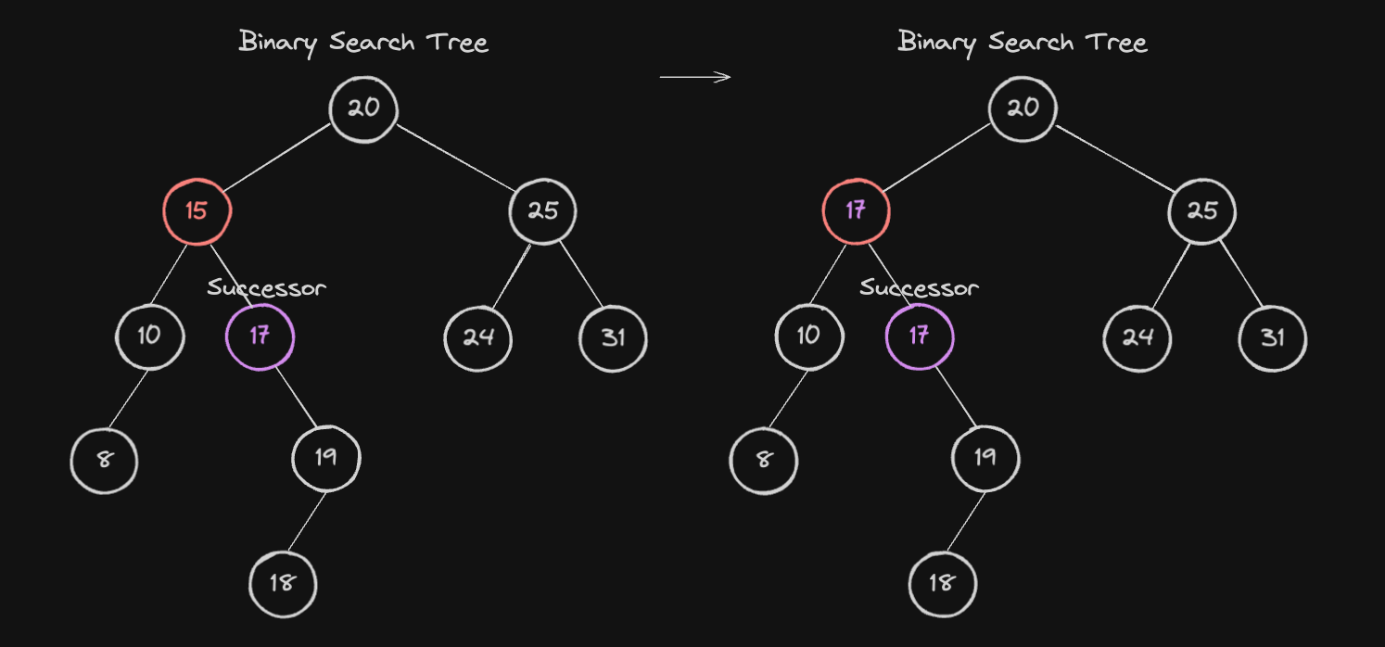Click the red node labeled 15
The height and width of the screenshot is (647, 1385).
[197, 212]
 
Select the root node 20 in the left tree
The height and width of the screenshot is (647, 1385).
[363, 109]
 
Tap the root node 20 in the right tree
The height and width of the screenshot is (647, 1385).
[1023, 109]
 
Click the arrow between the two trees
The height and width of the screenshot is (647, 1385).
[695, 77]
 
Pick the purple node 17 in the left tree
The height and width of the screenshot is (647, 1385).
[260, 336]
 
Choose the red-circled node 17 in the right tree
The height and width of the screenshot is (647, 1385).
[857, 212]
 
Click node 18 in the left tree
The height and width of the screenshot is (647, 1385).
[283, 584]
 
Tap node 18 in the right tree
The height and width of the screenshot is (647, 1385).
[942, 584]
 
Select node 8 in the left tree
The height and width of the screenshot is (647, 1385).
[104, 461]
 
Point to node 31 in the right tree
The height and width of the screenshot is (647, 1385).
[1273, 338]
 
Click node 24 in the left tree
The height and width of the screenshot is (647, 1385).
[478, 338]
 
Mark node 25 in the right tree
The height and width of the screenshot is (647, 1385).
[1202, 212]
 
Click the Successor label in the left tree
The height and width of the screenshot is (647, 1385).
[266, 288]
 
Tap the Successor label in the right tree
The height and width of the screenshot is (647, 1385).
[920, 288]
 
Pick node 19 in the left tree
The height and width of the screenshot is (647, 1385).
[325, 459]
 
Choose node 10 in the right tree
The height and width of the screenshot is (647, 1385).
[808, 336]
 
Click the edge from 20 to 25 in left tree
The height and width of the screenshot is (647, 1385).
[455, 159]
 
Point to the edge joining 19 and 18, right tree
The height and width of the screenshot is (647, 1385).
[966, 522]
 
